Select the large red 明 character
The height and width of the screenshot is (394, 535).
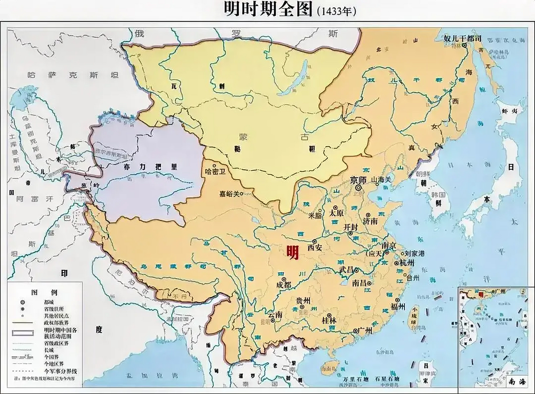point(292,253)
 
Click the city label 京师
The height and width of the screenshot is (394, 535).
point(358,180)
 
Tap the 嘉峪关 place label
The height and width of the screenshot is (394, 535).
point(229,194)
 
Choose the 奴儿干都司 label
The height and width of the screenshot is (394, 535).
point(462,38)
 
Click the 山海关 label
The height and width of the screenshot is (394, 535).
point(381,179)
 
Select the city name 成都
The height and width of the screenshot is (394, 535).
point(284,285)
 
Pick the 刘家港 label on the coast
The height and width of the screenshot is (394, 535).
point(415,253)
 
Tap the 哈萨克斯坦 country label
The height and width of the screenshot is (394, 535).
point(73,75)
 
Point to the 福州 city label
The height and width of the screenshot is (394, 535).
point(398,306)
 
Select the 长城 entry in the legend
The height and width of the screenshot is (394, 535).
point(49,350)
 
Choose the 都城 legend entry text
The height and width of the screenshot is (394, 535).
point(49,302)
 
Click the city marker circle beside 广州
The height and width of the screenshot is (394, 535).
point(355,331)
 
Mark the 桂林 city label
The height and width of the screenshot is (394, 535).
point(329,320)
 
